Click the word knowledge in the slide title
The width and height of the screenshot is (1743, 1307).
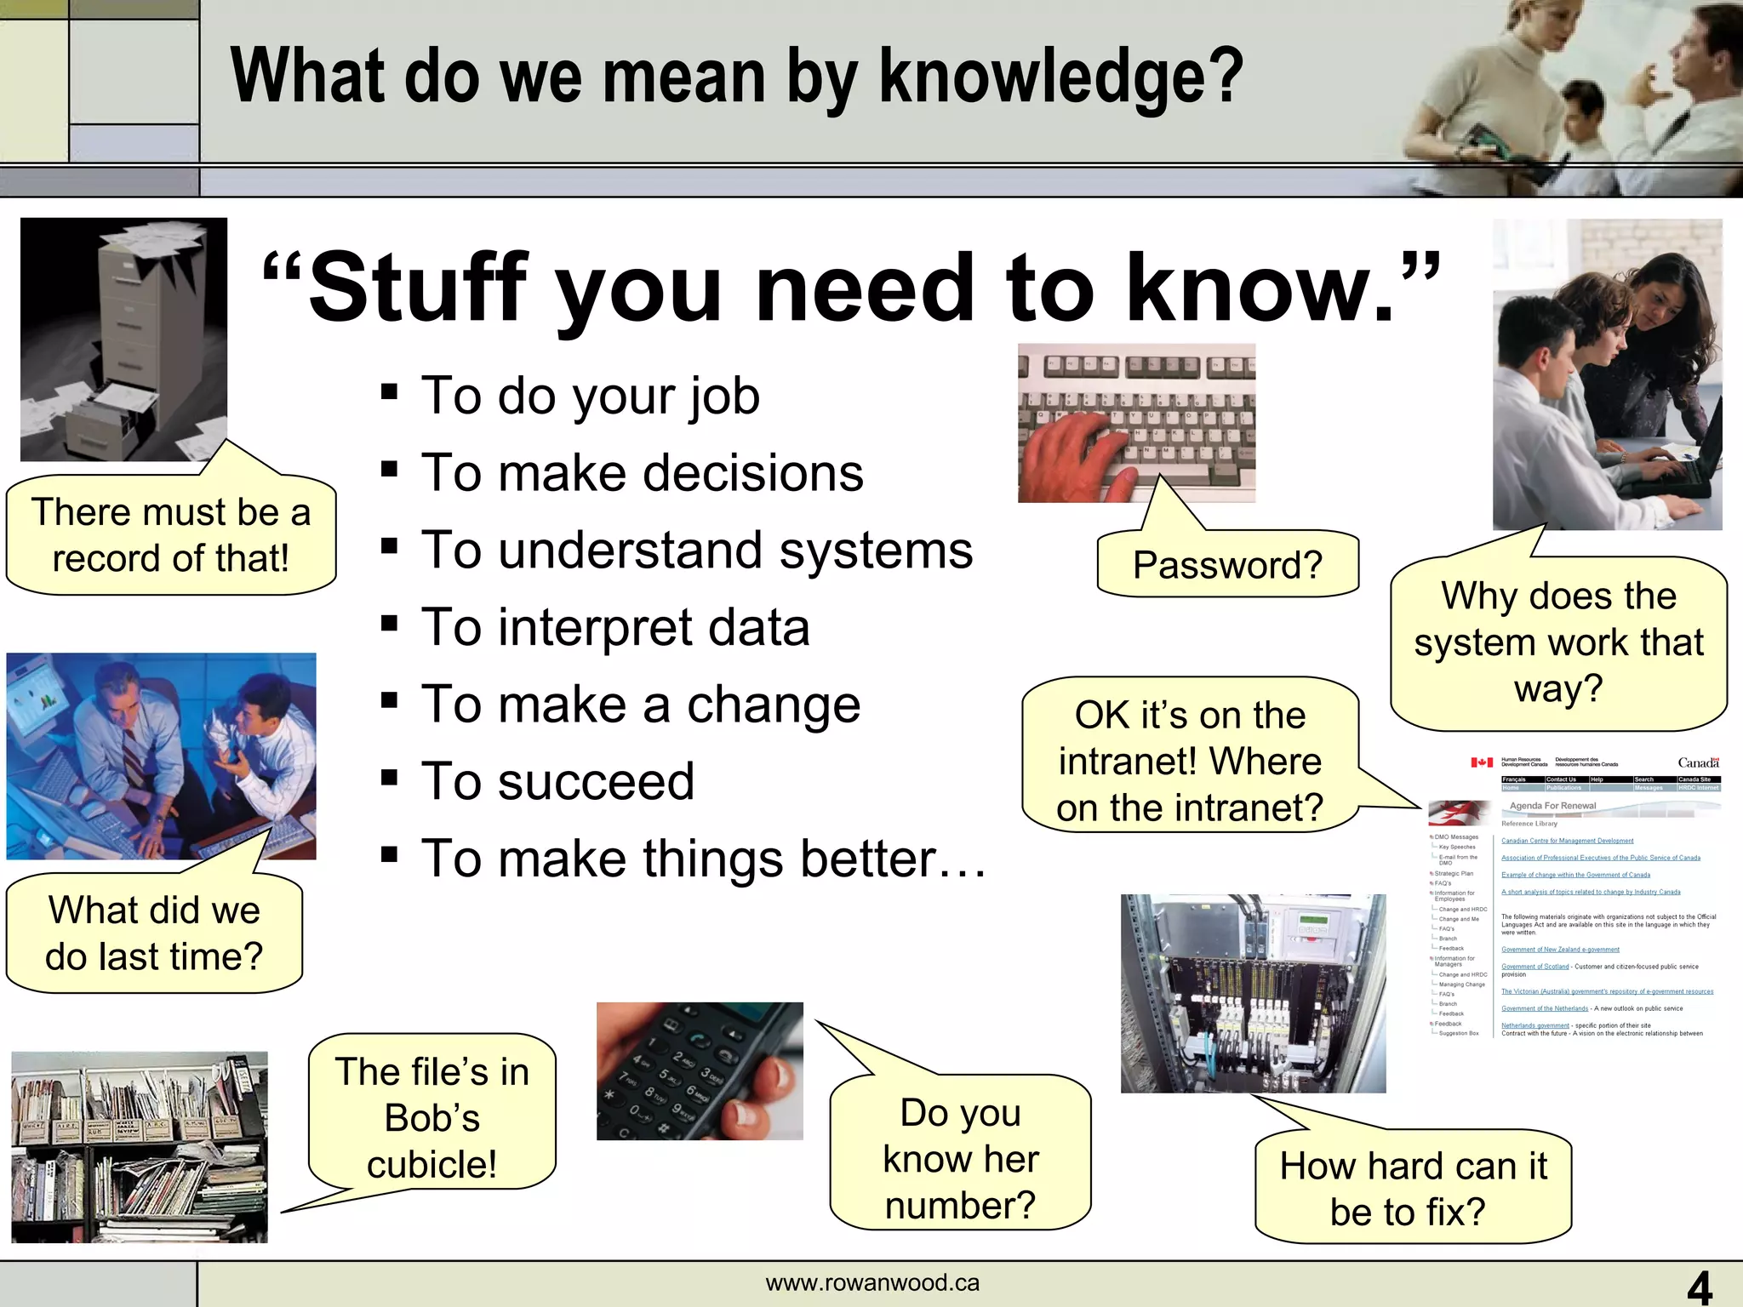click(1060, 78)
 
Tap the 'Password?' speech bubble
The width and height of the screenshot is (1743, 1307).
click(1226, 565)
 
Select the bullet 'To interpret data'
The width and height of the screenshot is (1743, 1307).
click(614, 628)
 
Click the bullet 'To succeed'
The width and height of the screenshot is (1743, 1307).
click(557, 782)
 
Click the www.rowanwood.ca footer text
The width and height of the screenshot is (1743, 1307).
click(872, 1282)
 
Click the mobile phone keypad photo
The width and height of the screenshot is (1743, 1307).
click(699, 1070)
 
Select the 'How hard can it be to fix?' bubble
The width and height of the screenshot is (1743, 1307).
click(1413, 1188)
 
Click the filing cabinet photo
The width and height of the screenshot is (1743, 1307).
click(123, 339)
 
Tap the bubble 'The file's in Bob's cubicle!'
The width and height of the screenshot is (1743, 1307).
click(431, 1116)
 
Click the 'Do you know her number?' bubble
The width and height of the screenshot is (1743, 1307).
click(960, 1157)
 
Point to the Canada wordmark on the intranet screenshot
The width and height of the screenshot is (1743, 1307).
click(1697, 762)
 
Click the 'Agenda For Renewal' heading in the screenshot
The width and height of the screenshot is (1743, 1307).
click(1552, 806)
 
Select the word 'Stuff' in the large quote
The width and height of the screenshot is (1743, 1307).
click(418, 288)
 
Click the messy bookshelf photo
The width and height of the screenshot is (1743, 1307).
click(139, 1146)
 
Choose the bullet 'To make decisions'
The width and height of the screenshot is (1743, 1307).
click(642, 473)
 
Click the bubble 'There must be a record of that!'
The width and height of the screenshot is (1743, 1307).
click(170, 535)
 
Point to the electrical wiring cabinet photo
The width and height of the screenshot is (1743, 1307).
click(1253, 993)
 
